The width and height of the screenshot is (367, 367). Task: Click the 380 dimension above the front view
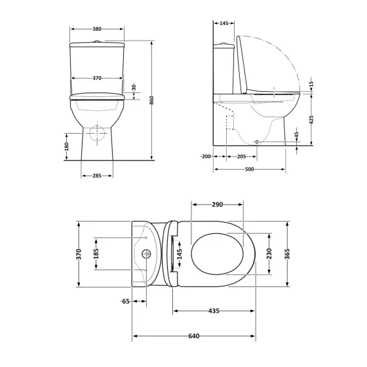click(96, 29)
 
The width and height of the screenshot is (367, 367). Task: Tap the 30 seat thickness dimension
click(134, 87)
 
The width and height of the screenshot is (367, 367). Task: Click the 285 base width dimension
click(96, 176)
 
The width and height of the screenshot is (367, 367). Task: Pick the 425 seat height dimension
click(312, 120)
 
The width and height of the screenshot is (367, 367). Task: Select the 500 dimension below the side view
click(250, 169)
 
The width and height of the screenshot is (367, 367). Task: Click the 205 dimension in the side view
click(241, 157)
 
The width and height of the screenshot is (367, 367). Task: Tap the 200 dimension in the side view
click(206, 157)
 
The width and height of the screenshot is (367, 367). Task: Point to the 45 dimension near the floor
click(297, 135)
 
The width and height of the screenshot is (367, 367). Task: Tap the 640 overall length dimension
click(193, 337)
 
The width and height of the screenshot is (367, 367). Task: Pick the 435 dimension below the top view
click(214, 309)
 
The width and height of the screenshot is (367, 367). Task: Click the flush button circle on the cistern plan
click(145, 254)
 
